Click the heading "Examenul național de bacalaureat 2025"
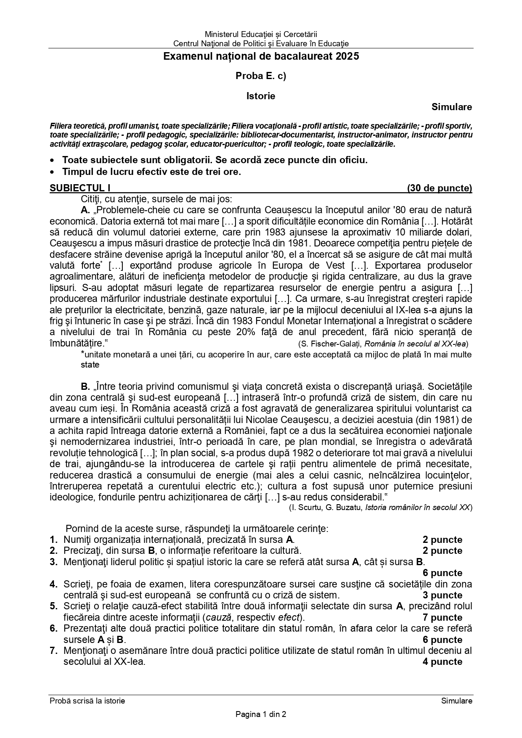[261, 56]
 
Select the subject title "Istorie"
[261, 96]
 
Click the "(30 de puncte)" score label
[439, 188]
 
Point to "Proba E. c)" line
[261, 76]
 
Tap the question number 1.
[53, 540]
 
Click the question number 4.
[53, 584]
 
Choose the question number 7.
[53, 651]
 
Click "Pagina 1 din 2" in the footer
[261, 714]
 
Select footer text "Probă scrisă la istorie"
[87, 701]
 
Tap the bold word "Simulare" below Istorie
[451, 107]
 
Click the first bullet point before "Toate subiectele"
[52, 161]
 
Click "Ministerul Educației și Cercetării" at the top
[261, 34]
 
